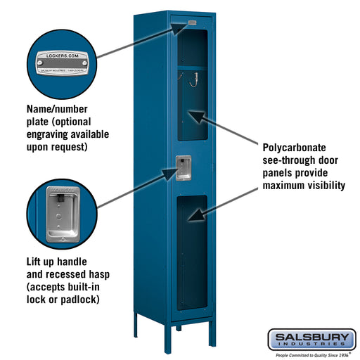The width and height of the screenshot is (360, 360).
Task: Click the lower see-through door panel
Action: (192, 253)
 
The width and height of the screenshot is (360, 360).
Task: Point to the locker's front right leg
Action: (212, 333)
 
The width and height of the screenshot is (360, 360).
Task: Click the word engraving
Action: (53, 134)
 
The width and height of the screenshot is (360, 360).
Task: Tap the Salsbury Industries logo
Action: (310, 339)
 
